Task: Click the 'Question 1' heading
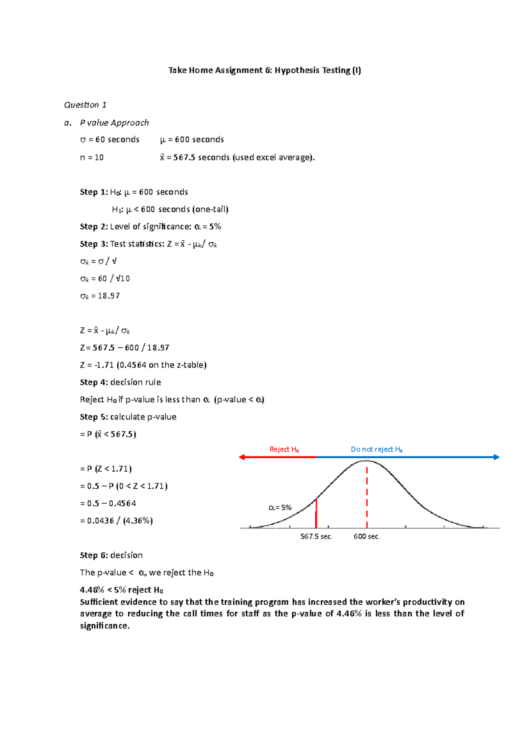[85, 105]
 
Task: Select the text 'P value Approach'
[114, 123]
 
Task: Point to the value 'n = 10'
[92, 157]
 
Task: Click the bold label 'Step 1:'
[93, 192]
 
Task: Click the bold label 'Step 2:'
[93, 226]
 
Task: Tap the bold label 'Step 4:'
[93, 382]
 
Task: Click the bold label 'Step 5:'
[93, 417]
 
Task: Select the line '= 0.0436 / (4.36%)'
[116, 521]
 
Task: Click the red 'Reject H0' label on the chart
[284, 449]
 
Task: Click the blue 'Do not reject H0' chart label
[376, 449]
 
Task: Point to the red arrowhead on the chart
[242, 457]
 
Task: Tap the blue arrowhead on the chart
[496, 457]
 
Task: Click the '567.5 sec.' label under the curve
[316, 536]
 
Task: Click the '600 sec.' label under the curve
[366, 536]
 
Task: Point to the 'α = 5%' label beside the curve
[280, 508]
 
